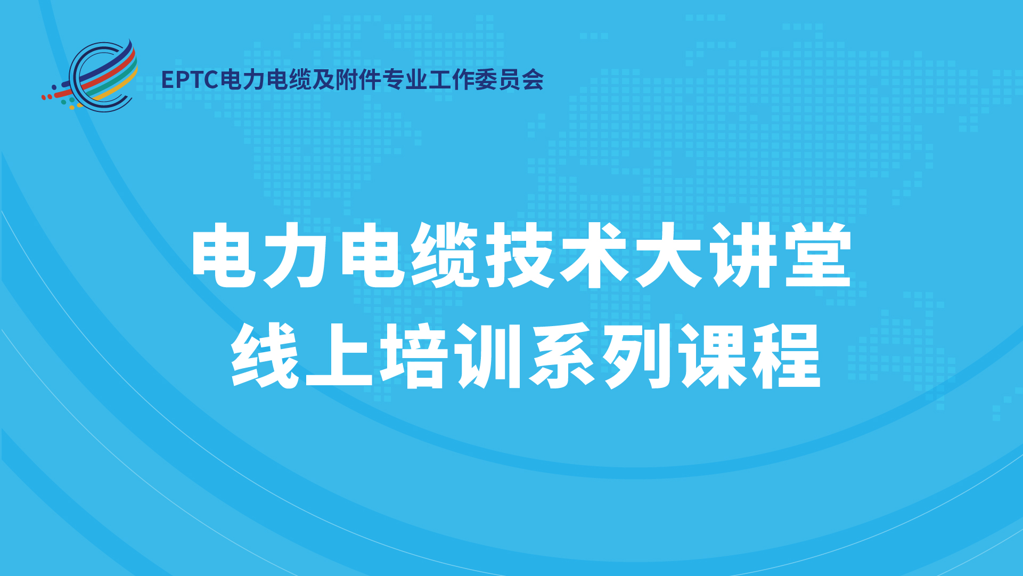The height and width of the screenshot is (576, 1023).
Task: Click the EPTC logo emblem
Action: tap(90, 76)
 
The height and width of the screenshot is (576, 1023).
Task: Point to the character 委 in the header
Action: tap(486, 79)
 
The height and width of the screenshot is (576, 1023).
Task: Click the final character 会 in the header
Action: tap(533, 79)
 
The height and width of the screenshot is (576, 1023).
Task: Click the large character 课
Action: tap(713, 355)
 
